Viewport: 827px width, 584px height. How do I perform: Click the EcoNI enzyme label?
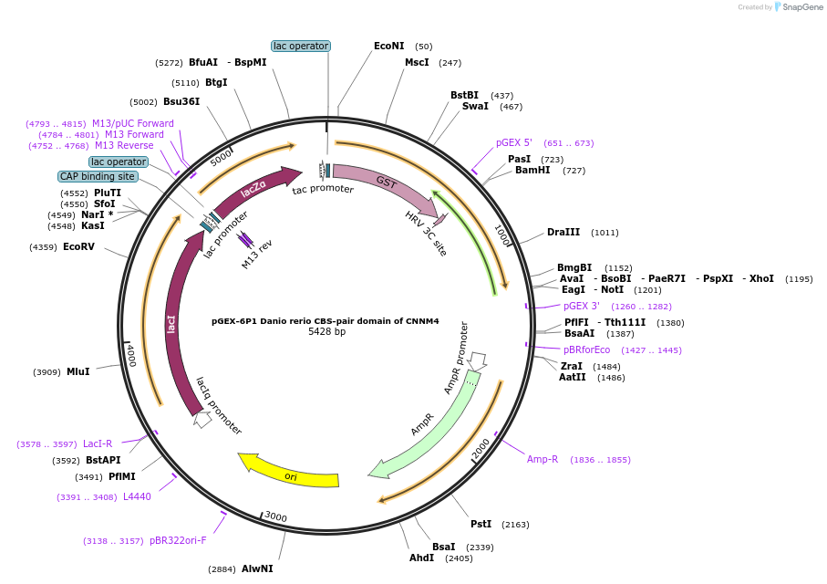[388, 46]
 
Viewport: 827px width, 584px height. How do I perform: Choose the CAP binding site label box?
[98, 176]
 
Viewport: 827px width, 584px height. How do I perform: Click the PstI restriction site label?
[481, 524]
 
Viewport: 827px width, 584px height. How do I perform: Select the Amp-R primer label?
[542, 459]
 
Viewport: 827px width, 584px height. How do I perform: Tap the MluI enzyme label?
[78, 371]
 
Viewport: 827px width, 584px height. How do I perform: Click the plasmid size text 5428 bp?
[326, 332]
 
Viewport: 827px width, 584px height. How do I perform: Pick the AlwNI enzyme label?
[257, 568]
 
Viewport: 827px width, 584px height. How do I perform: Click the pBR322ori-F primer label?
[178, 540]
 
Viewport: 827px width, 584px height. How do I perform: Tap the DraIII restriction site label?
[563, 232]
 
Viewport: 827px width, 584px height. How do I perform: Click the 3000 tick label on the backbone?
[275, 517]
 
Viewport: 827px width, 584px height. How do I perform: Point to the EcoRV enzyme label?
[78, 246]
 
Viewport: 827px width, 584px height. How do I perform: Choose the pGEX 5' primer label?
[514, 142]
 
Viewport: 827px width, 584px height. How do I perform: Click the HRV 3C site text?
[426, 233]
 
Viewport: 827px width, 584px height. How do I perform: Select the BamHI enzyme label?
[531, 170]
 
